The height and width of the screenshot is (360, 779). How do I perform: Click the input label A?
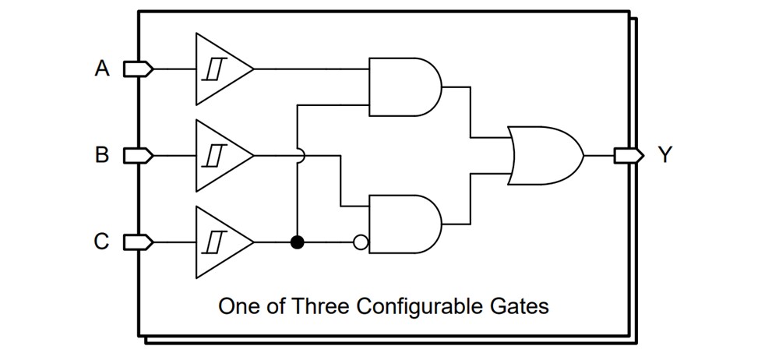[102, 69]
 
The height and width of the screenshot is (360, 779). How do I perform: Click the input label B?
[102, 156]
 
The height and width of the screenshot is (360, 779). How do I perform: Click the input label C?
[102, 242]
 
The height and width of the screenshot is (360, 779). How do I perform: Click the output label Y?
[664, 156]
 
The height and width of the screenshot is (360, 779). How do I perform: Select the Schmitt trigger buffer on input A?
[220, 69]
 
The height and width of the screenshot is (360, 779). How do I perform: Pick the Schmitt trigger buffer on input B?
[220, 156]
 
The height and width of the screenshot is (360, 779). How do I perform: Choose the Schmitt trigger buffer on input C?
[220, 242]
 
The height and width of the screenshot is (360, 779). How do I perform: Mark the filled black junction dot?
[297, 242]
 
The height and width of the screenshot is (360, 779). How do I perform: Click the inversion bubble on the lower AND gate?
[360, 242]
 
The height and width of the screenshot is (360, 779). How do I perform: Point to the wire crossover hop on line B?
[298, 156]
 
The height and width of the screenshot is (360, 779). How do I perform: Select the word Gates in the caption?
[521, 305]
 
